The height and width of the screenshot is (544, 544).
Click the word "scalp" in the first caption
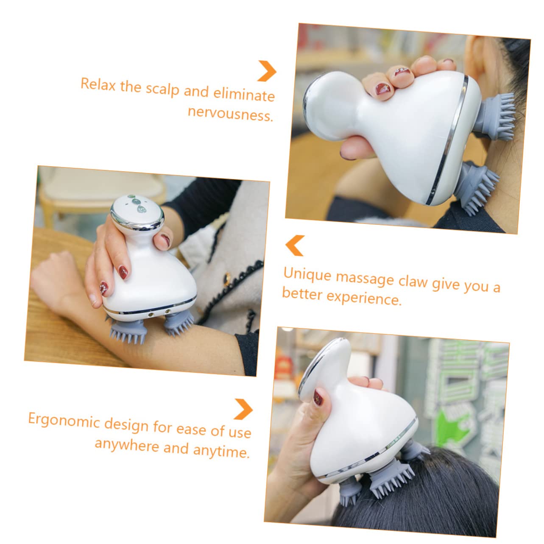coord(162,89)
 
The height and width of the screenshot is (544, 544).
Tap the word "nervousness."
coord(231,114)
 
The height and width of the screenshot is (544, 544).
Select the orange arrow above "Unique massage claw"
coord(295,245)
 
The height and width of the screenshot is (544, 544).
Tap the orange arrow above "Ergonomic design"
coord(243,409)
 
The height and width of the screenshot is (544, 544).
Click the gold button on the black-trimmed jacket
coord(226,280)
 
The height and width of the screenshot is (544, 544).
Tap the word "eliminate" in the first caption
coord(244,94)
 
